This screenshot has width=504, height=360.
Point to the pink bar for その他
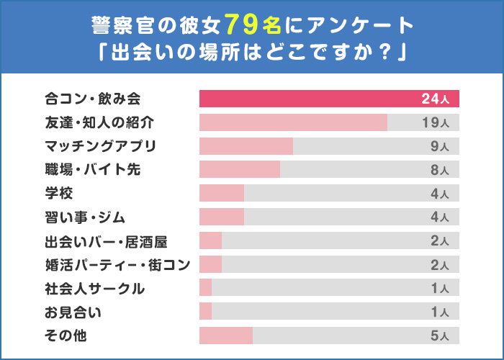(226, 336)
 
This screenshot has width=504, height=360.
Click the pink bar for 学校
(222, 193)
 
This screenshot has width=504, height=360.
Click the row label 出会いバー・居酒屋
(106, 240)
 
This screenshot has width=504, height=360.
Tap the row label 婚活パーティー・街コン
(117, 264)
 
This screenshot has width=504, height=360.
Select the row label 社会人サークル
(94, 288)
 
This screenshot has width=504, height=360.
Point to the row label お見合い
(73, 312)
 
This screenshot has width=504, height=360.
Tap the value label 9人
(439, 147)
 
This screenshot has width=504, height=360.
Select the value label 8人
(439, 170)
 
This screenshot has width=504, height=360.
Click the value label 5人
(439, 336)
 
